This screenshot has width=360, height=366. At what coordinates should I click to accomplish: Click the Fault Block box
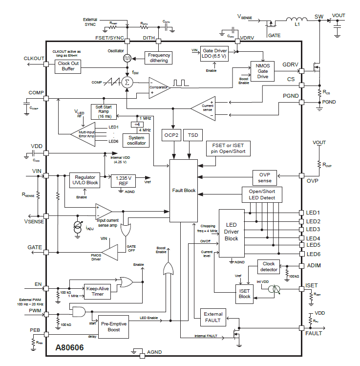(183, 190)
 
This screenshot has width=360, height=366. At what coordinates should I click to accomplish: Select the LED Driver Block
(231, 232)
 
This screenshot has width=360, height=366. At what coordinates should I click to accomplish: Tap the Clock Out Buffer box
(68, 66)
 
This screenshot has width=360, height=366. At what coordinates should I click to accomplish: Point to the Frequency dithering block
(159, 58)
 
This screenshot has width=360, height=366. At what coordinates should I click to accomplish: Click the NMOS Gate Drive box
(263, 69)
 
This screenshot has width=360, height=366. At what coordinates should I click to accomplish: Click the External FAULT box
(213, 317)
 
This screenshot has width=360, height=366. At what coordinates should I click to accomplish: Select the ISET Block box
(244, 293)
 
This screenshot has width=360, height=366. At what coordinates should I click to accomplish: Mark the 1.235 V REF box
(123, 181)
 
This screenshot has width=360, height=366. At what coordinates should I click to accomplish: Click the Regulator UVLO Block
(85, 180)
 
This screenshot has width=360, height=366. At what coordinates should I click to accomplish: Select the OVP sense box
(264, 177)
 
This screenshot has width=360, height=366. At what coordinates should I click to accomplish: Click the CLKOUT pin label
(34, 59)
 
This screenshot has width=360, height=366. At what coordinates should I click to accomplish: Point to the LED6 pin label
(313, 254)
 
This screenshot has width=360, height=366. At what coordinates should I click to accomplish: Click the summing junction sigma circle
(127, 82)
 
